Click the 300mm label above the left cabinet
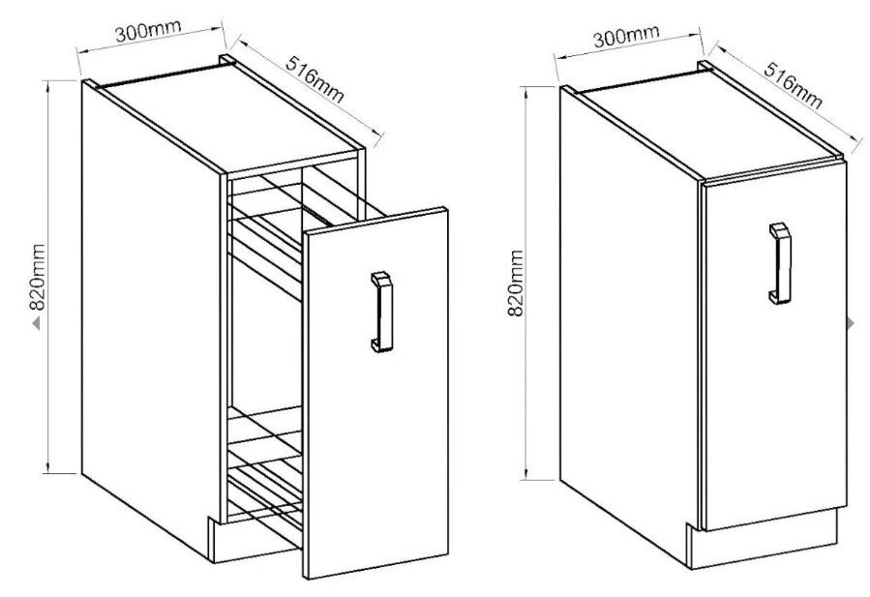pos(149,31)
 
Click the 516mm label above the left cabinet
pos(315,79)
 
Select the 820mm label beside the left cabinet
pos(37,277)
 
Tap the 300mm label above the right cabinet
pos(626,36)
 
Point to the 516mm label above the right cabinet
pos(794,85)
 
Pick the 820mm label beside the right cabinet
pos(516,283)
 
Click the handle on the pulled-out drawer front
pos(381,312)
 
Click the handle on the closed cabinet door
pos(780,263)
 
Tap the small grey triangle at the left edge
pos(36,322)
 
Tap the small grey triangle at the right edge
pos(852,323)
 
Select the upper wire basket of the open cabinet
pos(283,233)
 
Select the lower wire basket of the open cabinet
pos(265,474)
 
